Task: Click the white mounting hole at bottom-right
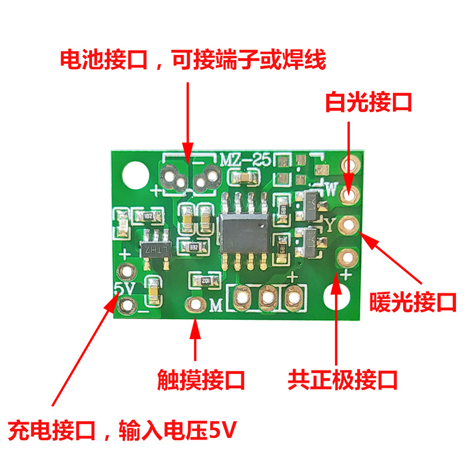tap(339, 294)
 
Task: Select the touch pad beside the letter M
tap(194, 304)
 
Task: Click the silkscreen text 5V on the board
tap(123, 287)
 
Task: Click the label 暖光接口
tap(413, 302)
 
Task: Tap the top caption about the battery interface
tap(193, 60)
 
